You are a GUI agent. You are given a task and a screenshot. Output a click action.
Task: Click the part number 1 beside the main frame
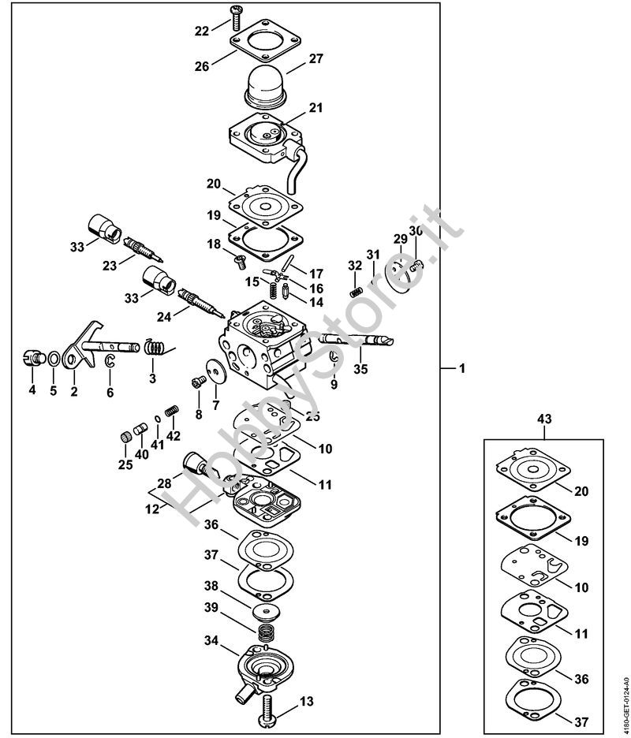[463, 368]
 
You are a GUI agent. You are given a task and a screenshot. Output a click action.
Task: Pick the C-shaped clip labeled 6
[110, 361]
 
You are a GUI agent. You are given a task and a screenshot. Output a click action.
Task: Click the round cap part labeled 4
[32, 357]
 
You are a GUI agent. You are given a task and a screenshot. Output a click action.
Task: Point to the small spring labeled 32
[356, 292]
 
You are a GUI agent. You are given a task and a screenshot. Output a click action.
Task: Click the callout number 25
[125, 464]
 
